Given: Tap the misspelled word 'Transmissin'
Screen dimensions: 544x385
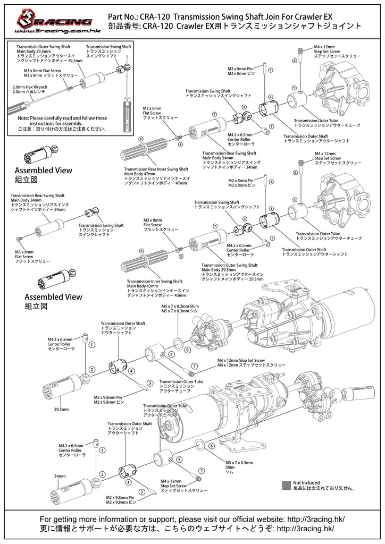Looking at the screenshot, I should pos(29,47).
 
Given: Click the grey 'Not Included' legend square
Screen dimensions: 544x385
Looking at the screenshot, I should pos(287,484).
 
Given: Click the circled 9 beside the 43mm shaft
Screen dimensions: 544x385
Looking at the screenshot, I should pos(141,250).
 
